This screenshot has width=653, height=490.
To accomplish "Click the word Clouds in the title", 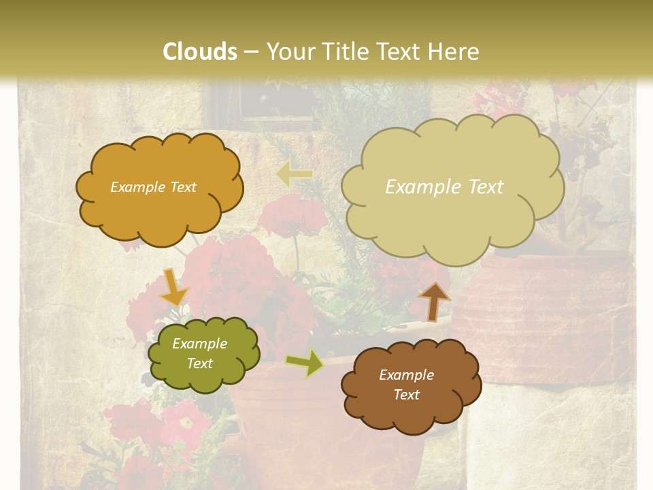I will (x=200, y=52).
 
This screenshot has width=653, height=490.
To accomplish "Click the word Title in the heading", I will (x=342, y=52).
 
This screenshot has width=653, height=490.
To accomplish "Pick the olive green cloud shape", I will (x=203, y=378).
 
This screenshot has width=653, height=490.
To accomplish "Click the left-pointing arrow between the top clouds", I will (x=295, y=175).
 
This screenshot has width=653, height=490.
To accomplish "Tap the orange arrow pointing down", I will (x=174, y=287).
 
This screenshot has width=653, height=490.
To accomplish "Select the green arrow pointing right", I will (x=305, y=363).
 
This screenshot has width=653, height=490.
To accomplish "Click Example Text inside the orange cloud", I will (x=153, y=187).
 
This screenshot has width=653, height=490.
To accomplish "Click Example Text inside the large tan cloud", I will (x=444, y=187).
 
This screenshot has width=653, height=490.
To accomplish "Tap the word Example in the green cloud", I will (x=199, y=344).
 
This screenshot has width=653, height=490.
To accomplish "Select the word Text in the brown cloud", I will (x=407, y=395).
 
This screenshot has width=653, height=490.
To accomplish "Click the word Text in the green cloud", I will (x=200, y=363).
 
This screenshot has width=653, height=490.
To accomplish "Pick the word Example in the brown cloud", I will (x=406, y=375).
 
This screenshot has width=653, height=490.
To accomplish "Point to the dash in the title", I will (x=251, y=52).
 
